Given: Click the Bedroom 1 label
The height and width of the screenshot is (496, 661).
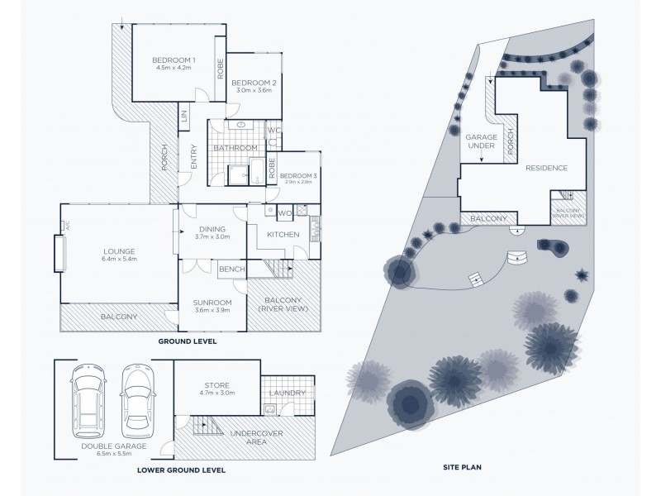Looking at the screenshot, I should (x=174, y=60).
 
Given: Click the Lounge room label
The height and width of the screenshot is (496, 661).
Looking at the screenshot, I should (x=118, y=251).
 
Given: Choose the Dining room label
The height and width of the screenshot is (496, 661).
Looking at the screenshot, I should (x=213, y=230).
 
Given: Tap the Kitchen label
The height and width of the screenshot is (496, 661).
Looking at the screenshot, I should (x=283, y=236).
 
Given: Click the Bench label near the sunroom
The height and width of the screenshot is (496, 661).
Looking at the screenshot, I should (x=231, y=269).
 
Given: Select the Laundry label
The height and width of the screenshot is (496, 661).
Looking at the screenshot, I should (x=287, y=393).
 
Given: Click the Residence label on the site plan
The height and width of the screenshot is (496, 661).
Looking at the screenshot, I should (x=546, y=168).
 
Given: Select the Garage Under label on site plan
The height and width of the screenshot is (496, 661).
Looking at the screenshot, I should (x=481, y=141).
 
